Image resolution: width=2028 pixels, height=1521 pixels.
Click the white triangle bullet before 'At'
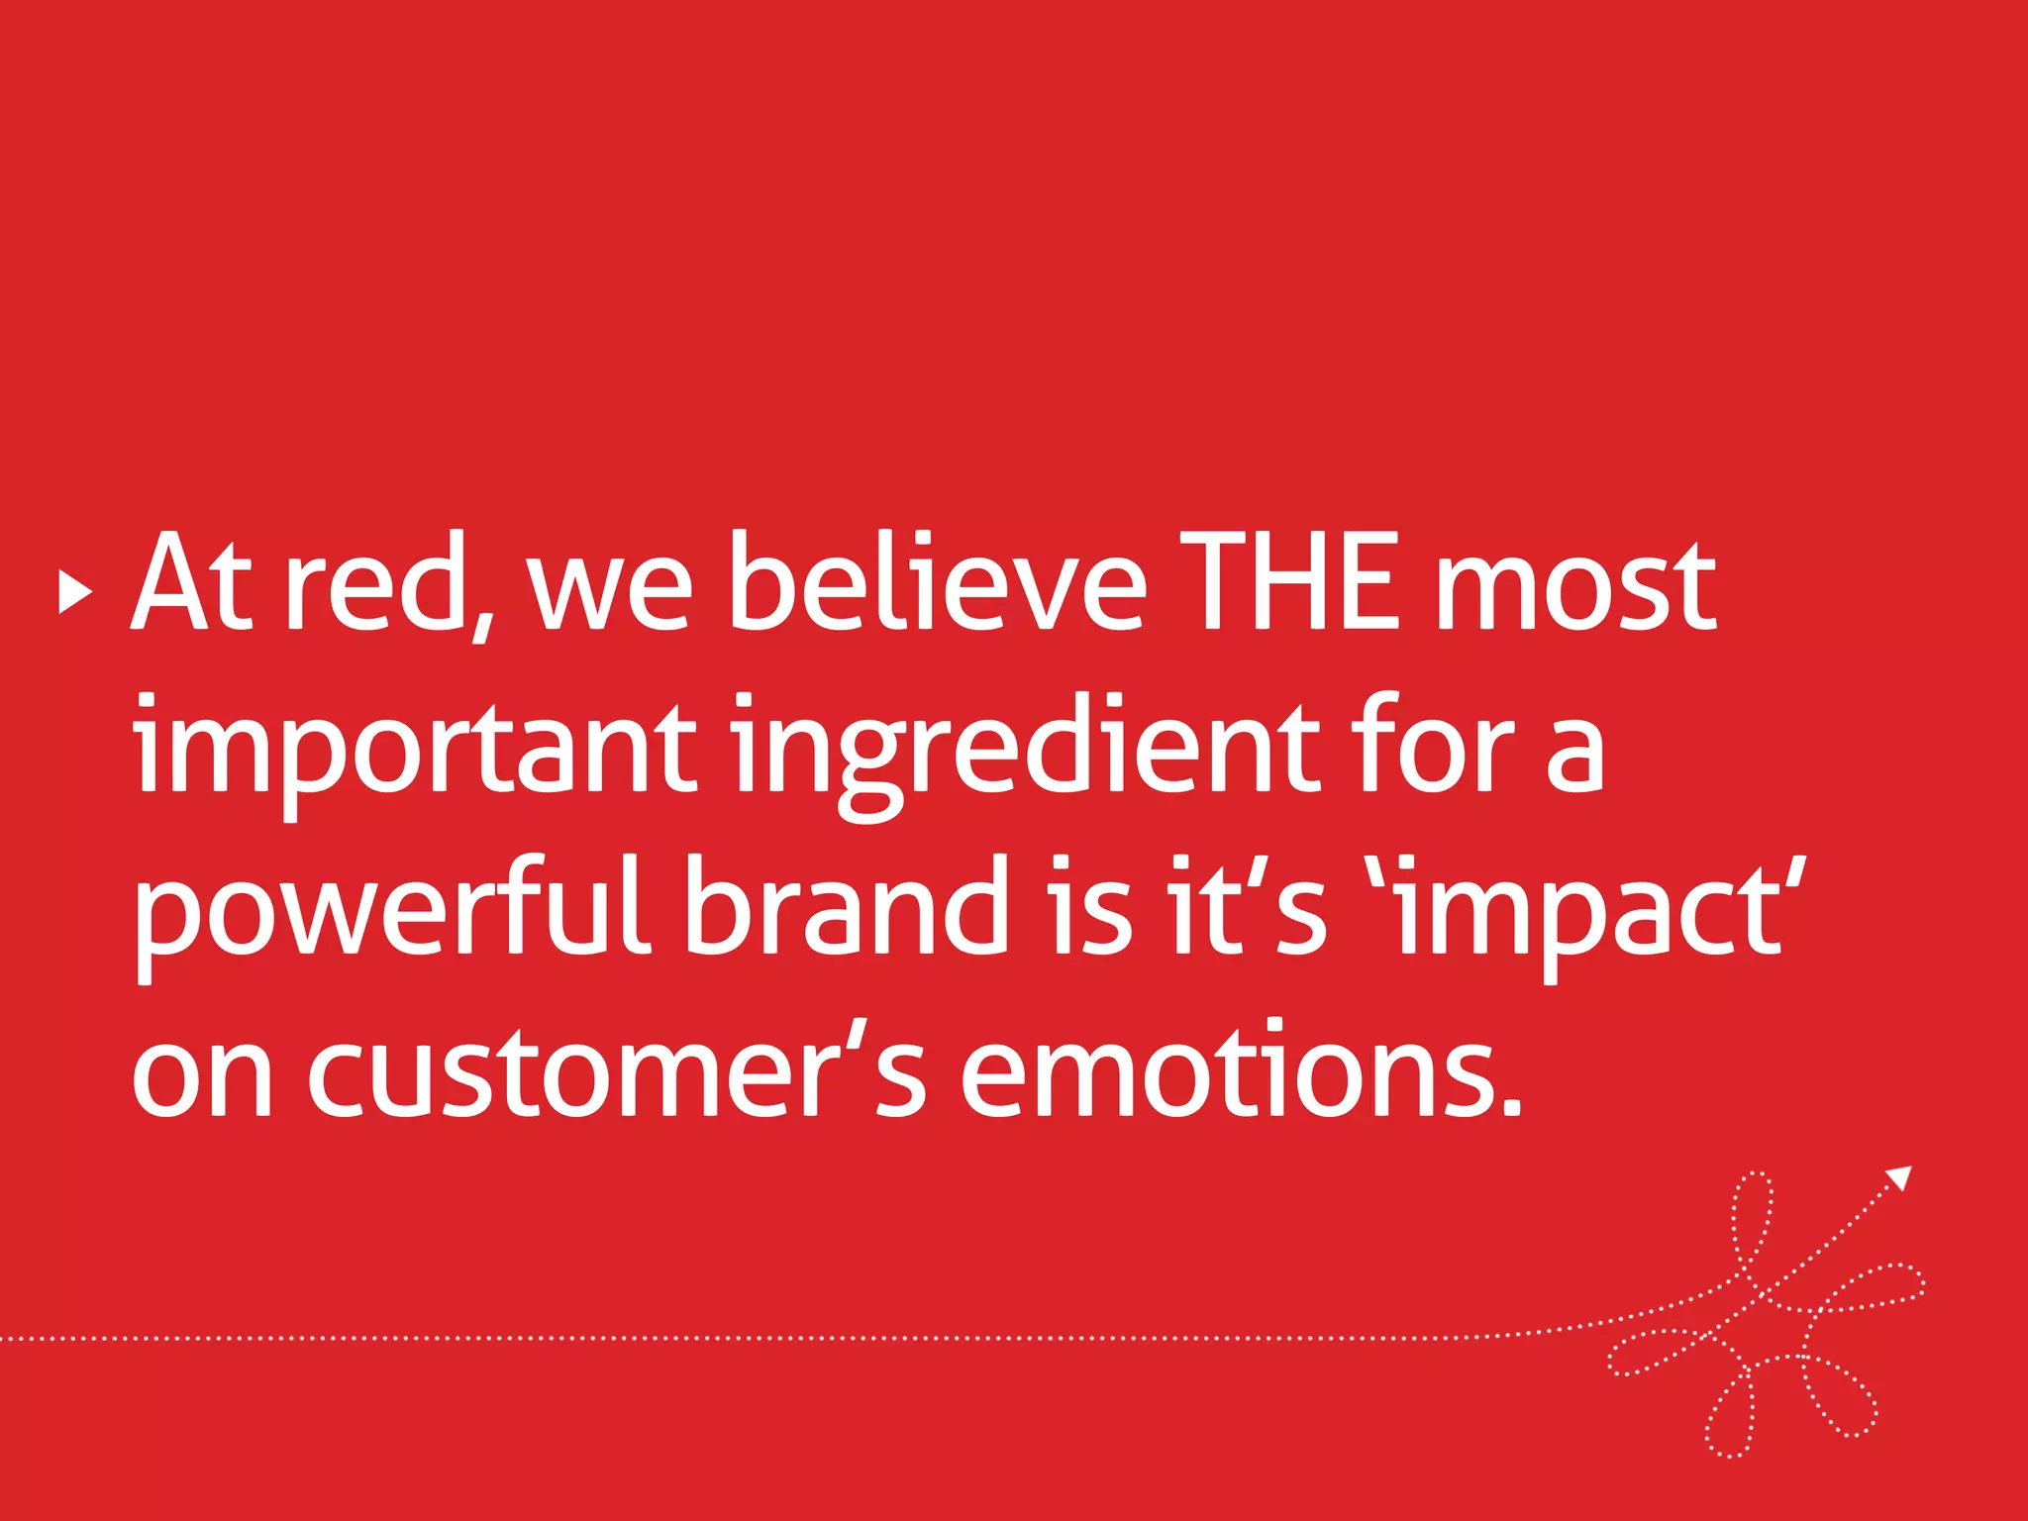tap(75, 592)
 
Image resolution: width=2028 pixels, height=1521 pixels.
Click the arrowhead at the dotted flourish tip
tap(1899, 1178)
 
